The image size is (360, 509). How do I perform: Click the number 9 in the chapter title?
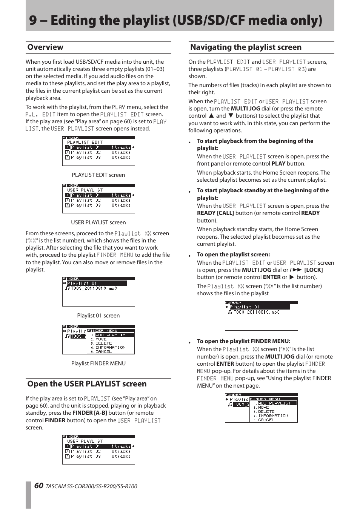[33, 20]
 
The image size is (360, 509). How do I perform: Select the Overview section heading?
[45, 47]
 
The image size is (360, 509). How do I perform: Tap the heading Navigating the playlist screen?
[246, 47]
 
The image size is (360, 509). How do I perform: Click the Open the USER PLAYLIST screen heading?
[87, 384]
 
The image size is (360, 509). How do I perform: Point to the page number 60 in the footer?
[38, 486]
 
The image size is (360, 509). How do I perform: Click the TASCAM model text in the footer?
[91, 486]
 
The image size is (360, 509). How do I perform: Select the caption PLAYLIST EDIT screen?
[98, 175]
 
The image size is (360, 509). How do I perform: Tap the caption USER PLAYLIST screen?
[98, 222]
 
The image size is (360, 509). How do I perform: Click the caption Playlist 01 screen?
[98, 316]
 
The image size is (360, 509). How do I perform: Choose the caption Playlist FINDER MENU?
[98, 363]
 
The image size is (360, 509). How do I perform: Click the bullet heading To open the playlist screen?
[233, 255]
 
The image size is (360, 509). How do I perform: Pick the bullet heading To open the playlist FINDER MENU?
[243, 341]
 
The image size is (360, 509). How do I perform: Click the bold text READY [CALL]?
[215, 213]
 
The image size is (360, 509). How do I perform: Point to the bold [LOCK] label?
[313, 270]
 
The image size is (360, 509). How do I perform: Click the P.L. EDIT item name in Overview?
[40, 114]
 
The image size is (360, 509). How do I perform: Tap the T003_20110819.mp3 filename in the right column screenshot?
[256, 312]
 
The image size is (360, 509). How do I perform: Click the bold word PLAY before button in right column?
[278, 164]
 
